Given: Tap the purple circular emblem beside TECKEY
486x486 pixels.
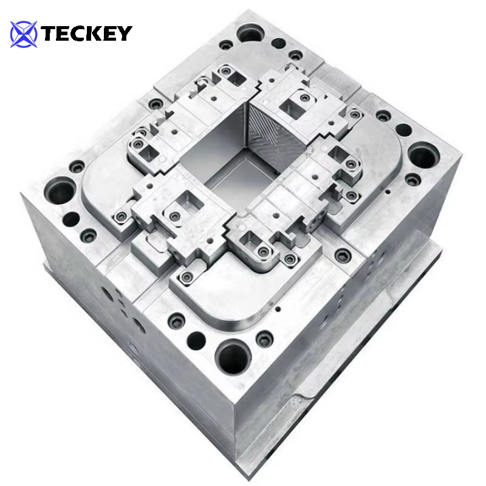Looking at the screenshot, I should (x=24, y=34).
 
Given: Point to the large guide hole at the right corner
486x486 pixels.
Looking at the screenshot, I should (x=423, y=156).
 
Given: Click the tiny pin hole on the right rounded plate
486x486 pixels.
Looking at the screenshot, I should (x=385, y=193).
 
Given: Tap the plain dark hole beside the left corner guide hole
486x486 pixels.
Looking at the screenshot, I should (x=72, y=219).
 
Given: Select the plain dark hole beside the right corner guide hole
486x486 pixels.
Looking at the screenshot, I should (x=403, y=130).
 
